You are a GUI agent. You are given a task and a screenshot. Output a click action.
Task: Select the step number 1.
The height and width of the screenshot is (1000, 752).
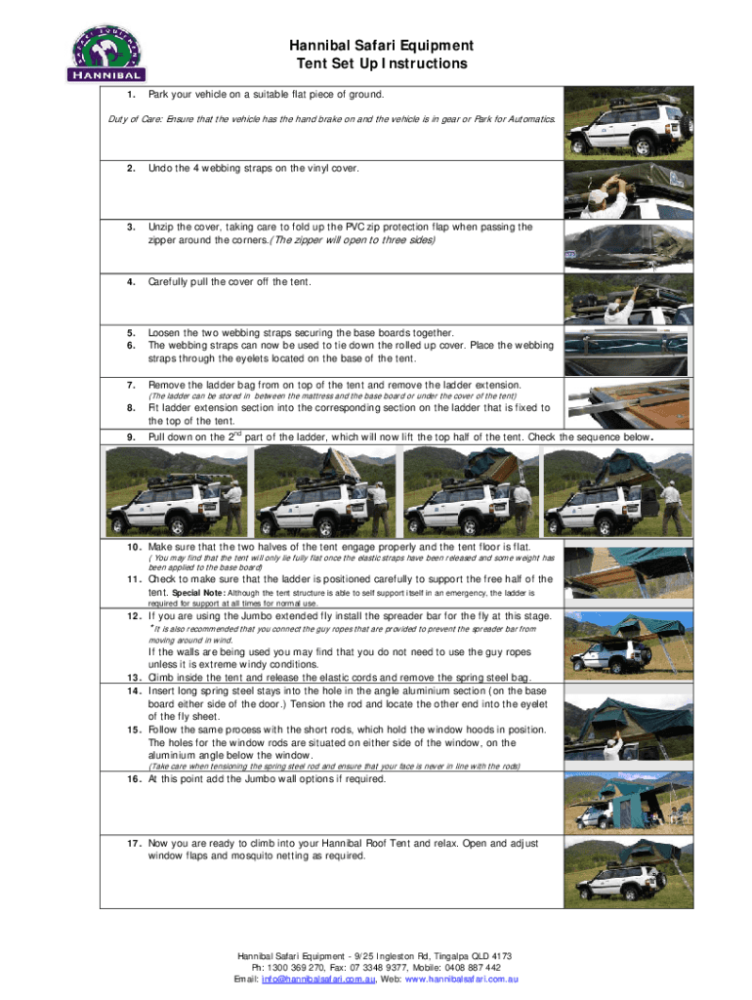[x=130, y=95]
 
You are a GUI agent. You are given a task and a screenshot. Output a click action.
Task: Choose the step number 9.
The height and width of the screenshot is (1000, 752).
[x=130, y=437]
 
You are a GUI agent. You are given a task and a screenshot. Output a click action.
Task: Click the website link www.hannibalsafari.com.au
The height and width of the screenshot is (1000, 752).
[x=461, y=979]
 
